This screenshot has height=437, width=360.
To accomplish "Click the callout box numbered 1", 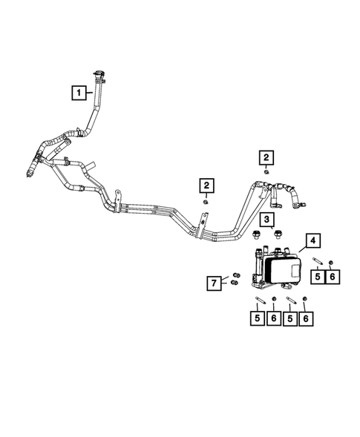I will pos(77,93).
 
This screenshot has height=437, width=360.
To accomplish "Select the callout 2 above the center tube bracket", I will pos(206,185).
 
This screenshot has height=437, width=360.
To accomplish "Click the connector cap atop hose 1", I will pos(97,73).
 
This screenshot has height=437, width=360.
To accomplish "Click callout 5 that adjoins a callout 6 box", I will pos(318,276).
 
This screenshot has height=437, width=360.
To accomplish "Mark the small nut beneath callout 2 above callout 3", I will pos(265,172).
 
